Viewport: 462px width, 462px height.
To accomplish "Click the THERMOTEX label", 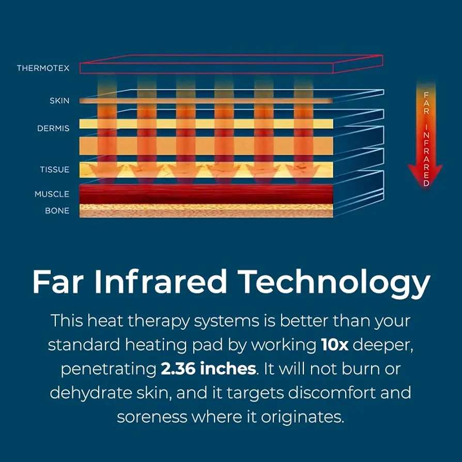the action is (43, 68).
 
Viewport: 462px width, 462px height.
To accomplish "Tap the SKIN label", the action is (59, 101).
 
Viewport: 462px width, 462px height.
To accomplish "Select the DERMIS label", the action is (53, 128).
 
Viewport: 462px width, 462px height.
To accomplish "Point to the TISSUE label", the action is (55, 170).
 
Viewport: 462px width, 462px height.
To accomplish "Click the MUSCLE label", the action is (52, 194).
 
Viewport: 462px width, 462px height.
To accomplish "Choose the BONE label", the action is (57, 211).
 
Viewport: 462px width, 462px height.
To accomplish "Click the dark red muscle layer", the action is (206, 194).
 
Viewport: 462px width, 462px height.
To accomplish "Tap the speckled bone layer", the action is (206, 211).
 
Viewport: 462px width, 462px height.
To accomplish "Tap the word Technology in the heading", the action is (334, 283).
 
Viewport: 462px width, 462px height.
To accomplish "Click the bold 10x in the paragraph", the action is (335, 345).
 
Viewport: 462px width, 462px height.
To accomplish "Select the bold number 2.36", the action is (178, 368).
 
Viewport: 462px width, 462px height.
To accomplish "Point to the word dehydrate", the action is (91, 393).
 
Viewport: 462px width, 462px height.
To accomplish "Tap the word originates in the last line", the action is (303, 418).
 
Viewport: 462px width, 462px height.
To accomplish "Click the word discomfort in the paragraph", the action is (332, 392).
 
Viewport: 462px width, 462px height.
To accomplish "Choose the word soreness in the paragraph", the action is (152, 417).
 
